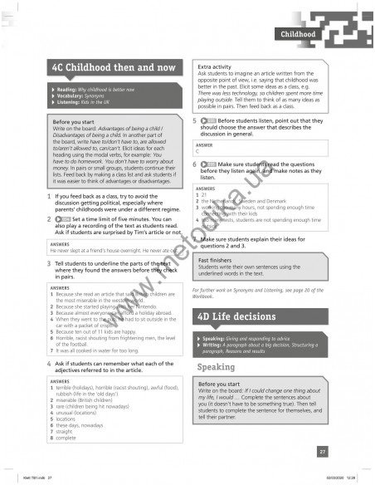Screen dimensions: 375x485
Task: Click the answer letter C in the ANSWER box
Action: tap(197, 150)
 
